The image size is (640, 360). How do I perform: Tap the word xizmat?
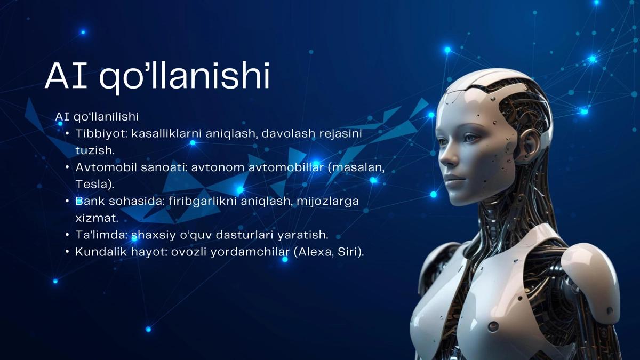(x=97, y=218)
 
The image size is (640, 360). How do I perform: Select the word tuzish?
(x=95, y=150)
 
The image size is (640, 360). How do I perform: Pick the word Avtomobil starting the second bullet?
(x=106, y=167)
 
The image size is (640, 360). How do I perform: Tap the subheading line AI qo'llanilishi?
(x=97, y=117)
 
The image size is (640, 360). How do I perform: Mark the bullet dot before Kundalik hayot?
(x=67, y=252)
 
